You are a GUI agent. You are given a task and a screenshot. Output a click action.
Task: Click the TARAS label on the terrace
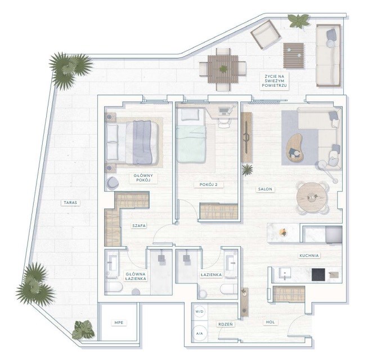[x=70, y=202]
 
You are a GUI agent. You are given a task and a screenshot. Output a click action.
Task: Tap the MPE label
[x=119, y=323]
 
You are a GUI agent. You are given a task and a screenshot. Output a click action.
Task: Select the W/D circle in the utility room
[x=199, y=312]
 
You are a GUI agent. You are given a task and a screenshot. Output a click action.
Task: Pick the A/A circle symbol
[x=199, y=333]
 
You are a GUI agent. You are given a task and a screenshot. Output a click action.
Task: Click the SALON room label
[x=265, y=189]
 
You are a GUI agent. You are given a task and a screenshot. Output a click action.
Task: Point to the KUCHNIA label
[x=309, y=255]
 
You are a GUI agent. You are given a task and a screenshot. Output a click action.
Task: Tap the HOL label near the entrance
[x=270, y=322]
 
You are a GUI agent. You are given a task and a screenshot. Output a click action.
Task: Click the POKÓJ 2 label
[x=208, y=185]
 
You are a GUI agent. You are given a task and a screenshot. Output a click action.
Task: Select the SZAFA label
[x=139, y=225]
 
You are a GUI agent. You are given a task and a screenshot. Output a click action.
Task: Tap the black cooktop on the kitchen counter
[x=318, y=275]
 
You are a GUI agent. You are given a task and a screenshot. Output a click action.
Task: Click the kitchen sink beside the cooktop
[x=285, y=274]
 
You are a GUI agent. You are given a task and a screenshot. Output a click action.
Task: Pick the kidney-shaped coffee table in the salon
[x=294, y=148]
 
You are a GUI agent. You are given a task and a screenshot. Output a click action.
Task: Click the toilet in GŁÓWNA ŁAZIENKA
[x=114, y=287]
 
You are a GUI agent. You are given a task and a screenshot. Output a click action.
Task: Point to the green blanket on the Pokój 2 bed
[x=191, y=144]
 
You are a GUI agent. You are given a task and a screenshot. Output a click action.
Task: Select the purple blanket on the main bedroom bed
[x=142, y=143]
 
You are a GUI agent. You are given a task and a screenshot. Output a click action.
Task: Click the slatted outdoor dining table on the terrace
[x=223, y=69]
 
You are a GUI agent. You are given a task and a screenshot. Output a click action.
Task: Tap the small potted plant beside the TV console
[x=248, y=170]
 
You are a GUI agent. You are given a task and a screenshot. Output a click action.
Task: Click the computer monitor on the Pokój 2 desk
[x=223, y=110]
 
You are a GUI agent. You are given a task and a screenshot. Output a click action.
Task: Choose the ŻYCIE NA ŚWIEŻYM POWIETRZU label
[x=274, y=81]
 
